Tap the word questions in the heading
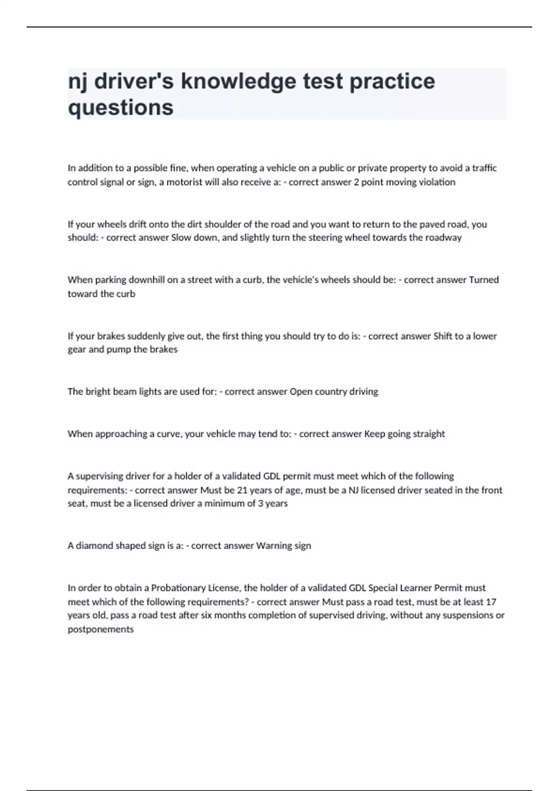click(121, 107)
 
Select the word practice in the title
click(392, 81)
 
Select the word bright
click(97, 391)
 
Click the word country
click(331, 391)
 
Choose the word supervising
click(100, 476)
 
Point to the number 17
click(491, 602)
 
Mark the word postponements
click(101, 630)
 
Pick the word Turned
click(484, 280)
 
